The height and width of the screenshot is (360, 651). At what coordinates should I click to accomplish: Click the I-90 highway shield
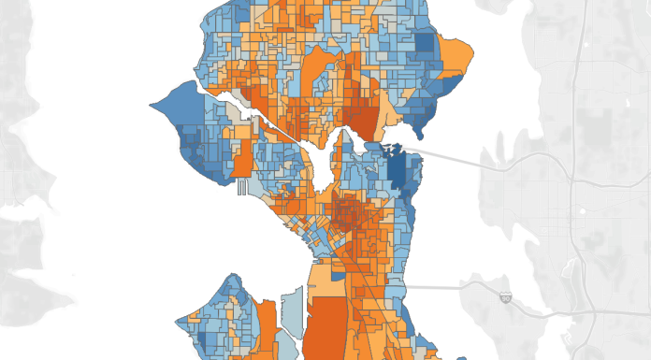coord(505,297)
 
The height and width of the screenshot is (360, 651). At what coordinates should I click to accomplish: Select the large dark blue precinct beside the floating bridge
coord(403,172)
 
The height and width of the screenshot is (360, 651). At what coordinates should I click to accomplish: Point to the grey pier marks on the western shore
coord(241,187)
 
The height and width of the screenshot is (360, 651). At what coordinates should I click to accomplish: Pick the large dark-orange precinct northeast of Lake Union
coord(359,122)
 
